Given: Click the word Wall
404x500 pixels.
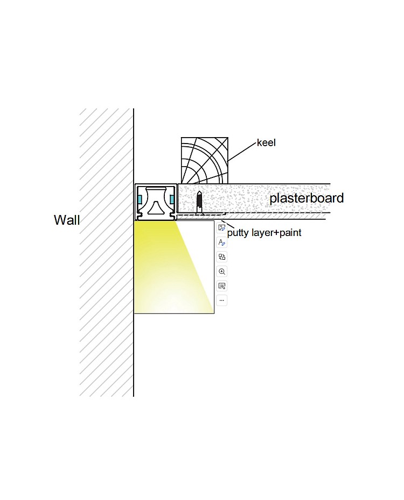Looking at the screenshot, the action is pyautogui.click(x=67, y=220).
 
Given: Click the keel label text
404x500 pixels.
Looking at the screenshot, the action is pyautogui.click(x=266, y=142).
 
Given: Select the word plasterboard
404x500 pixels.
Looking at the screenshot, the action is pyautogui.click(x=307, y=198).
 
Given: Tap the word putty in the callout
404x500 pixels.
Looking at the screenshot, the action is pyautogui.click(x=238, y=233).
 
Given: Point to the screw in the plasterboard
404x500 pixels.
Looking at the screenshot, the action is pyautogui.click(x=199, y=203).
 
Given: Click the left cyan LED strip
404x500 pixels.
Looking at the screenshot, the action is pyautogui.click(x=140, y=199).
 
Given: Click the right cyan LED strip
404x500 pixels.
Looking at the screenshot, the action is pyautogui.click(x=172, y=199).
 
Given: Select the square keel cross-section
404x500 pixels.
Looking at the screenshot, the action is pyautogui.click(x=205, y=160).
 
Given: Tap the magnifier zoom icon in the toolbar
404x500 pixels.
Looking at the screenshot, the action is pyautogui.click(x=222, y=272).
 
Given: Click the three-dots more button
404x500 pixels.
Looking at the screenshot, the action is pyautogui.click(x=222, y=301).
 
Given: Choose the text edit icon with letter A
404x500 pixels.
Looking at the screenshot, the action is pyautogui.click(x=222, y=242).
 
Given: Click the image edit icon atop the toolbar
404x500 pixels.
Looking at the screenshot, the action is pyautogui.click(x=222, y=227).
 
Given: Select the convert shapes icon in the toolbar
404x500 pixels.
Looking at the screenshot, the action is pyautogui.click(x=222, y=257).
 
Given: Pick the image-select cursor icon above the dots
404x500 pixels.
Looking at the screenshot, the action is pyautogui.click(x=222, y=286).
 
